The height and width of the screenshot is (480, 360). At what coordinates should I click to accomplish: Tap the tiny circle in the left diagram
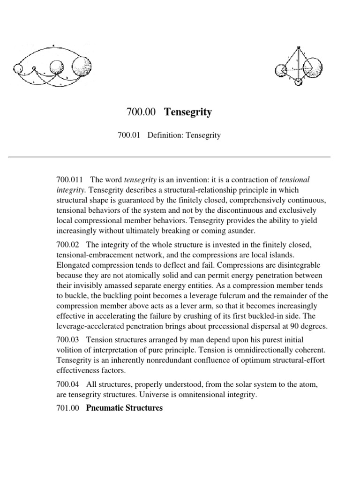[33, 69]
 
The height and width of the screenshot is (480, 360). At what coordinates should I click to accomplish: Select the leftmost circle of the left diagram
[18, 69]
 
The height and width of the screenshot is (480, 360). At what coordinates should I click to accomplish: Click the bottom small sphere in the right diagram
[298, 82]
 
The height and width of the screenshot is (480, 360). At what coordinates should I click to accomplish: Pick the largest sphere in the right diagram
[314, 67]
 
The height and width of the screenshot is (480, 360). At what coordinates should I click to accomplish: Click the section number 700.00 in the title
[141, 112]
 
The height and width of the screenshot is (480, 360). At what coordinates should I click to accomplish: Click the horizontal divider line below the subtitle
[180, 157]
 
